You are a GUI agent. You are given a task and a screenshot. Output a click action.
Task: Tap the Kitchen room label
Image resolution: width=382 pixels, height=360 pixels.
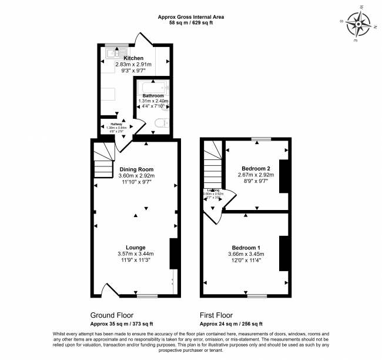pyautogui.click(x=133, y=58)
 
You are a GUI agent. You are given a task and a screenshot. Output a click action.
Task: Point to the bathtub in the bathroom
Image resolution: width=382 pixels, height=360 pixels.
pyautogui.click(x=153, y=88)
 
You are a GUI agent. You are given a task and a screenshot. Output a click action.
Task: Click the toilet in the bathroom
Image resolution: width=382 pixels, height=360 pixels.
pyautogui.click(x=162, y=123)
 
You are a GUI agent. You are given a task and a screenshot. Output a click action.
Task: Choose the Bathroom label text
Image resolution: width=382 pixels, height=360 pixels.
pyautogui.click(x=153, y=96)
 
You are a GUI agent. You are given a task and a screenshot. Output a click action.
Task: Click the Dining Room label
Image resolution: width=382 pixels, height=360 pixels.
pyautogui.click(x=136, y=169)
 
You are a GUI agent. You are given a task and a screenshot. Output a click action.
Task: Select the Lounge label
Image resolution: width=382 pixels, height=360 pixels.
pyautogui.click(x=136, y=247)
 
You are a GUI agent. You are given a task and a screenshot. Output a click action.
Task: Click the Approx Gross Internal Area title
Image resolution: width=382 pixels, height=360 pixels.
pyautogui.click(x=190, y=17)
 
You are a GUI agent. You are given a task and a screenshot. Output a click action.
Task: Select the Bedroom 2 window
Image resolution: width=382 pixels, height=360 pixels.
pyautogui.click(x=256, y=139)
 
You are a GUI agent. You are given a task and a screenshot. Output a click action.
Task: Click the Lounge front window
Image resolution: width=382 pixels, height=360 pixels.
pyautogui.click(x=147, y=295)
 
